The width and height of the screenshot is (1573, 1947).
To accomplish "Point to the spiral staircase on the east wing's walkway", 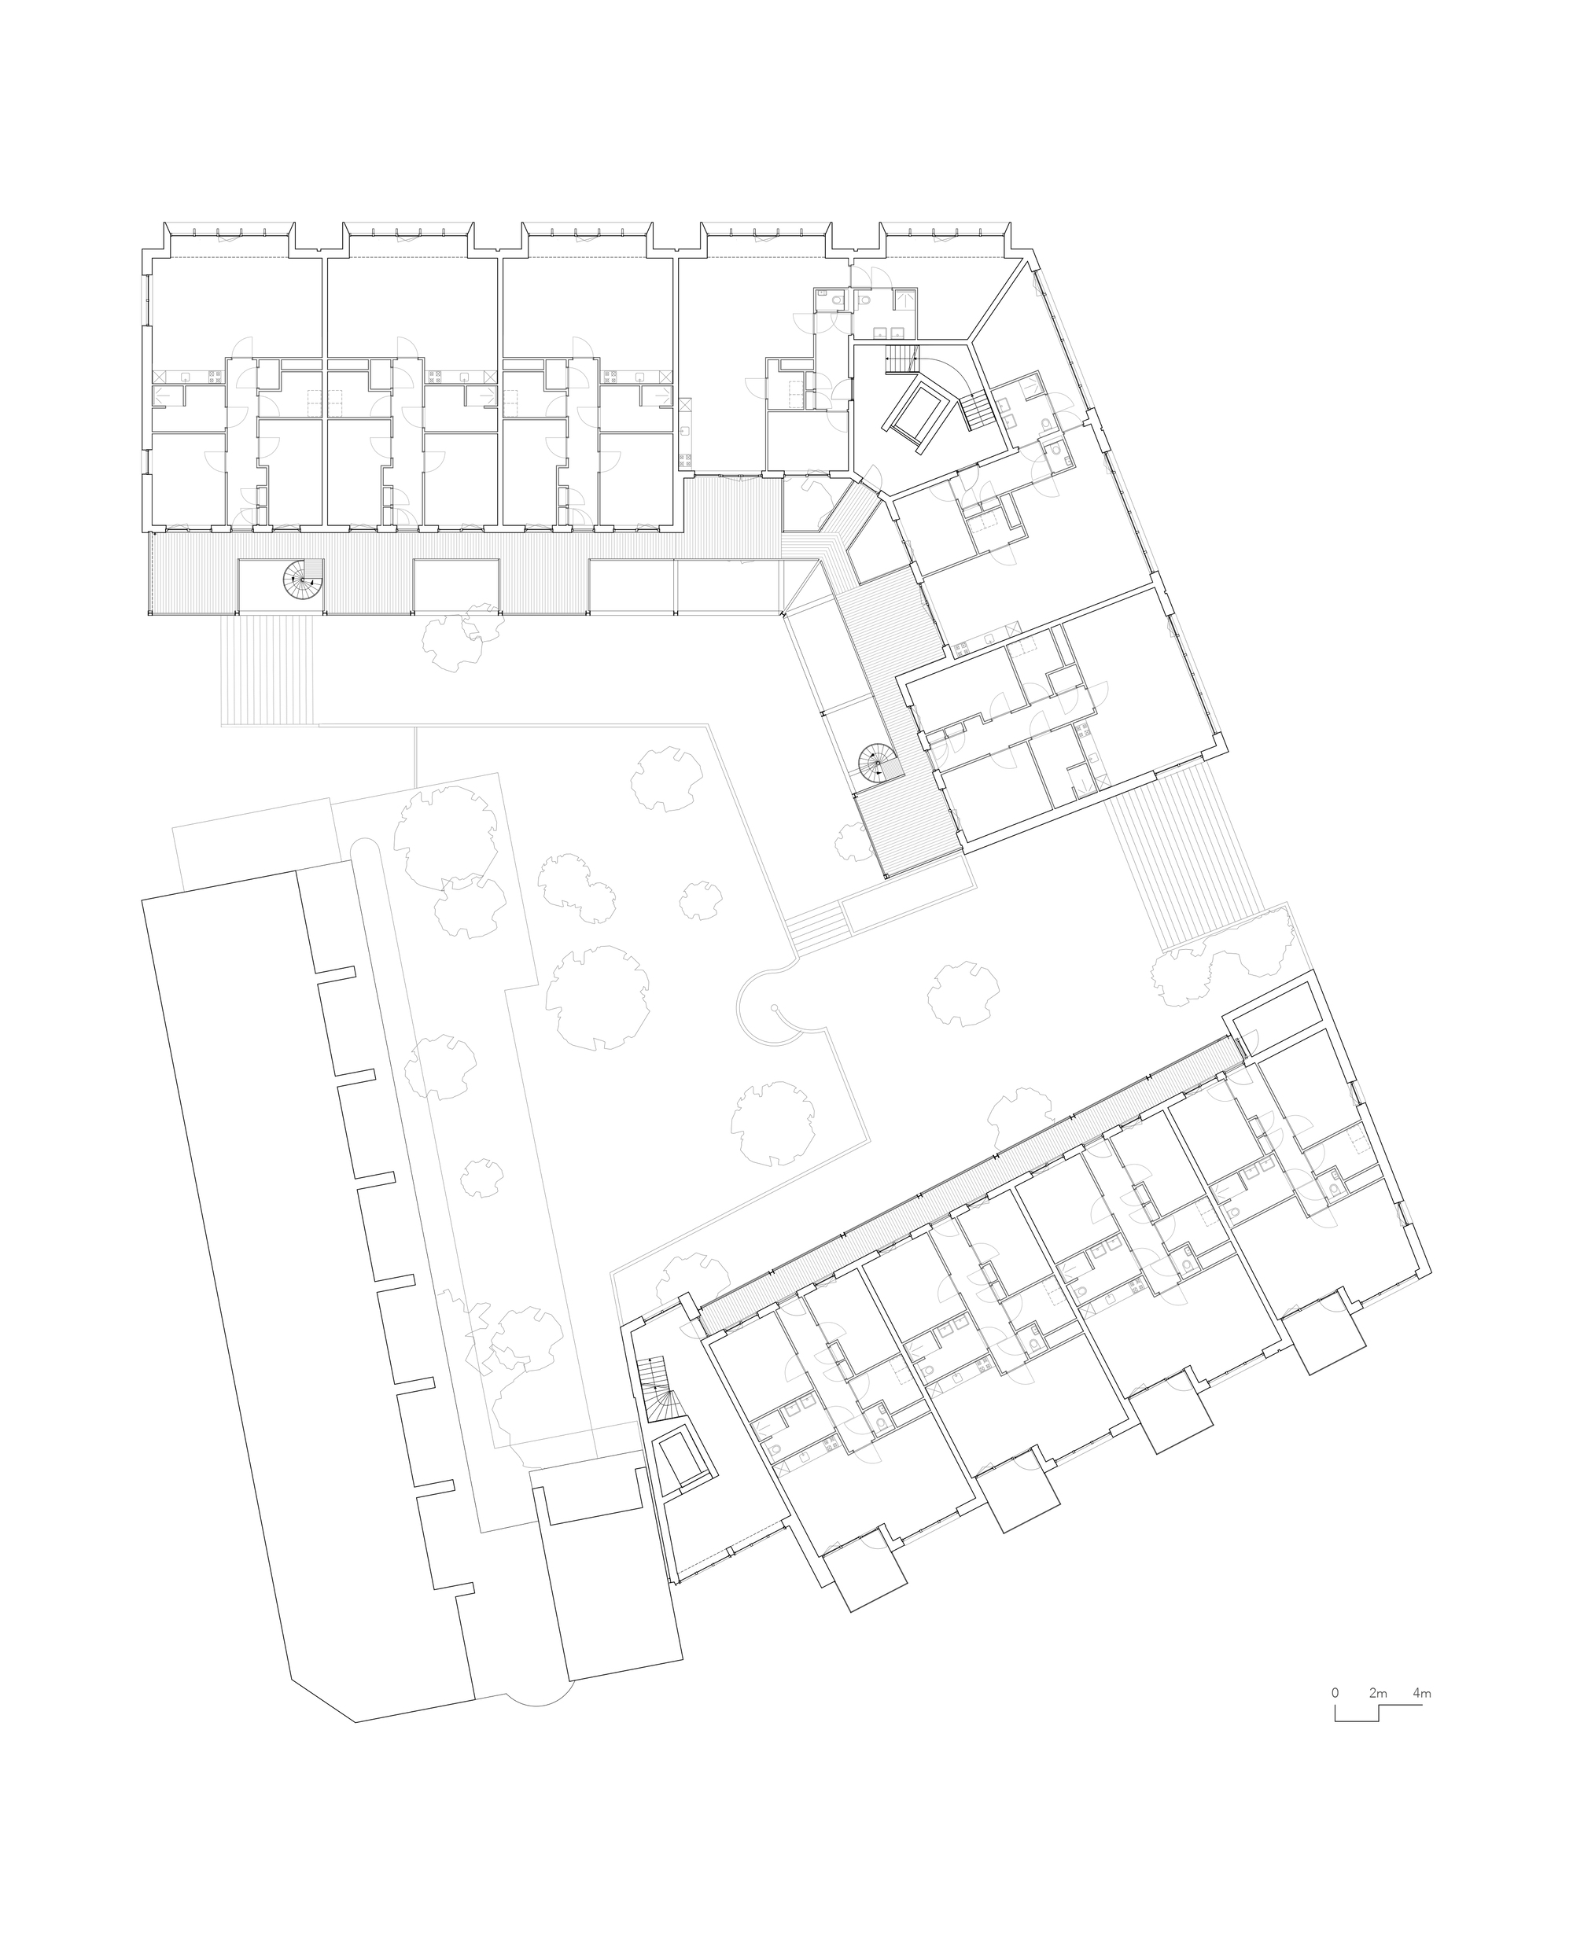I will pyautogui.click(x=876, y=764).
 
